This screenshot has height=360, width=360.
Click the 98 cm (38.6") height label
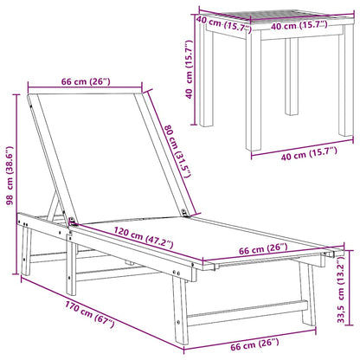(x=10, y=176)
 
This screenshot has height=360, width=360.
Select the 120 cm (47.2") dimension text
(x=144, y=238)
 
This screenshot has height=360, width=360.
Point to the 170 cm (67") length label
(x=90, y=314)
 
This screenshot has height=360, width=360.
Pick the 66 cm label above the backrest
(x=86, y=81)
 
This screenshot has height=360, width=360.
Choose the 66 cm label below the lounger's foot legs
(x=254, y=344)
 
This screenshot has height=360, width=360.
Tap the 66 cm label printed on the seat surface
(x=263, y=249)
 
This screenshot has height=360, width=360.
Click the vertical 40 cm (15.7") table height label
(x=189, y=69)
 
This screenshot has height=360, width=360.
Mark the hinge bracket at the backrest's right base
(x=184, y=213)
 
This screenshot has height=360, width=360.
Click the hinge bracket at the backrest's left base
(x=72, y=222)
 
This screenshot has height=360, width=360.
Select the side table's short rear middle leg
(x=292, y=76)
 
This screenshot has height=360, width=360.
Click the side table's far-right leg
(x=346, y=80)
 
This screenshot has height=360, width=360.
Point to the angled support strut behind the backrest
(x=55, y=206)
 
